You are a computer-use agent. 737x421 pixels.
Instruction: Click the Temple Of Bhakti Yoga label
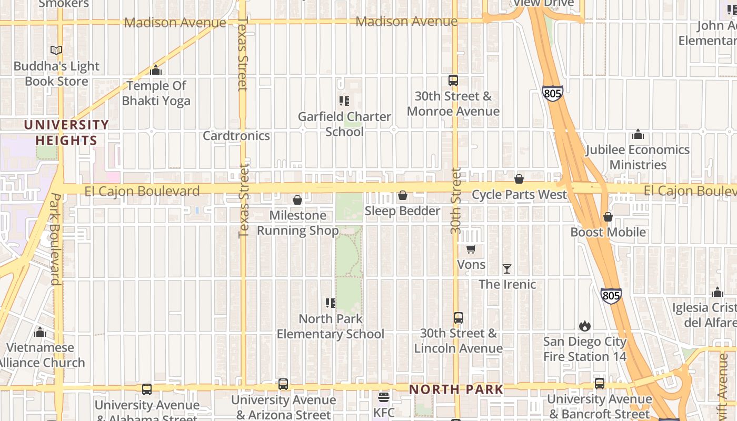(156, 93)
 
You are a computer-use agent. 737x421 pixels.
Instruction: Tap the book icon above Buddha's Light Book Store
(56, 50)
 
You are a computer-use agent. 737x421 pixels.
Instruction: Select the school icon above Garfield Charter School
(344, 101)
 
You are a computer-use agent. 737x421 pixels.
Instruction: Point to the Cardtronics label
(236, 136)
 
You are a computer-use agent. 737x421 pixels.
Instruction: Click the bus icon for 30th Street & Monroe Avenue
(453, 81)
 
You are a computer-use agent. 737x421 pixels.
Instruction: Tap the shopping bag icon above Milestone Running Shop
(297, 200)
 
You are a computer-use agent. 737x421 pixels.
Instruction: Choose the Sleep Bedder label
(402, 211)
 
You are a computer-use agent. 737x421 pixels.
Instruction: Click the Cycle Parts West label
(519, 195)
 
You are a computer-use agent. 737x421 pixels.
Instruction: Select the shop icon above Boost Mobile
(608, 217)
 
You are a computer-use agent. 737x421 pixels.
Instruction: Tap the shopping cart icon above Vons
(471, 249)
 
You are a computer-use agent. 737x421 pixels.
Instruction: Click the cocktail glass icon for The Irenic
(507, 269)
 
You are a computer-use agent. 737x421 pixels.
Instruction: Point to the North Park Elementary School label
(331, 326)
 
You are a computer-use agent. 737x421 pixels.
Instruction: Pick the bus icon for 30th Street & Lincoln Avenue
(459, 318)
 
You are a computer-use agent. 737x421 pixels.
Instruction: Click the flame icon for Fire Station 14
(585, 326)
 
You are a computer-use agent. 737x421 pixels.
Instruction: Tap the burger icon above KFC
(384, 397)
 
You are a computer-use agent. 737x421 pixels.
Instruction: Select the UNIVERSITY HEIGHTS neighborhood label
(67, 133)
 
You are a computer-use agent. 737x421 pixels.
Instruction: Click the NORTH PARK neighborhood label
(456, 390)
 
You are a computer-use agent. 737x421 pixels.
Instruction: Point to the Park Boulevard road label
(55, 239)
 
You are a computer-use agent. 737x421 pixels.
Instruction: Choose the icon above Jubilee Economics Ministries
(638, 134)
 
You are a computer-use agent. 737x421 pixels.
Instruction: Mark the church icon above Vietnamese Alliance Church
(40, 332)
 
